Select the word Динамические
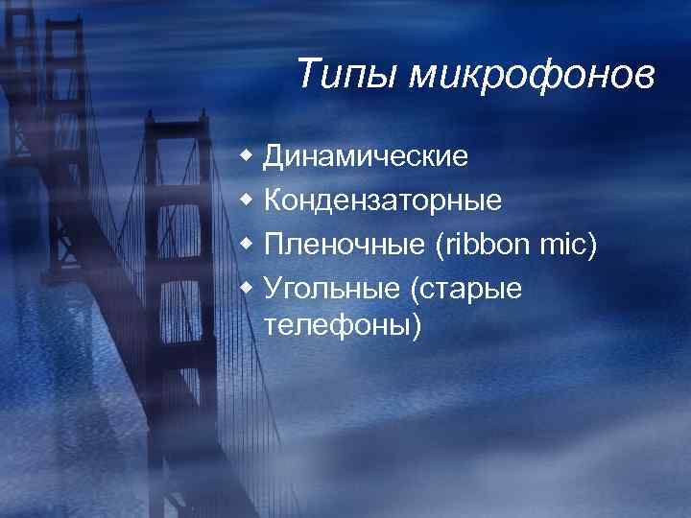(367, 154)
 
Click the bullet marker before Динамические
(248, 154)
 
